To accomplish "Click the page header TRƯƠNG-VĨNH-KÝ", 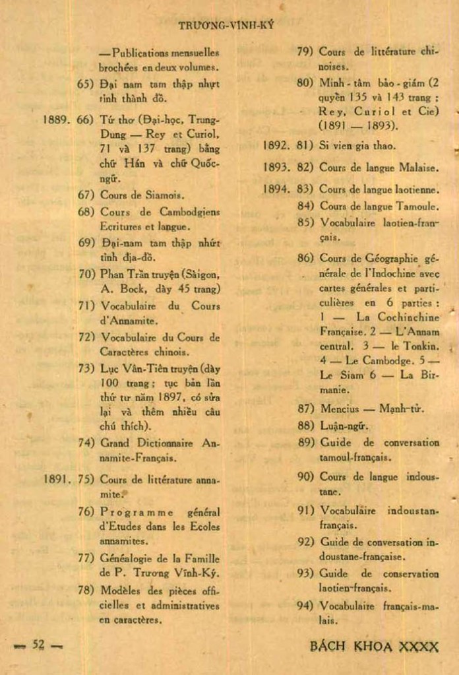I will (x=226, y=26).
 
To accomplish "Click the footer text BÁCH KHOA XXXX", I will (x=373, y=646).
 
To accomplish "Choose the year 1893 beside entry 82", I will (x=276, y=168).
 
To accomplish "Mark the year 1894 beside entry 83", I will (x=276, y=189).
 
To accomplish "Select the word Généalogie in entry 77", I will (x=127, y=558).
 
